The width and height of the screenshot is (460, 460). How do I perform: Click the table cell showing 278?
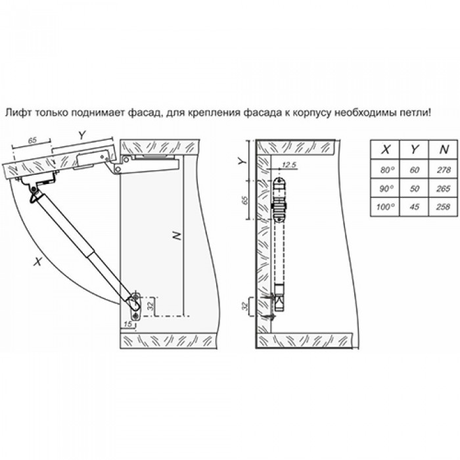443,170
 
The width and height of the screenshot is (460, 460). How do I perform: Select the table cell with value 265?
443,188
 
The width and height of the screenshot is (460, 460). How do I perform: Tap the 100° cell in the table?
385,207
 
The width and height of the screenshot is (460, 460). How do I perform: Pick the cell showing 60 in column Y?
414,170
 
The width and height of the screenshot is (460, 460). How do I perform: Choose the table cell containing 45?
414,207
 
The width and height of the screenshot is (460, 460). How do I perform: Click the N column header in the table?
443,150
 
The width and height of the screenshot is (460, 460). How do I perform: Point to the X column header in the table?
385,150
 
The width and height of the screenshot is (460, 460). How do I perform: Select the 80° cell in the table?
385,170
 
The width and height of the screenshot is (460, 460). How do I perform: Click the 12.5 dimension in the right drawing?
288,164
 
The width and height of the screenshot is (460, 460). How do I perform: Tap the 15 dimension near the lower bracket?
128,324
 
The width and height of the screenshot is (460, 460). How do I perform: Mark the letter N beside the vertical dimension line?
176,235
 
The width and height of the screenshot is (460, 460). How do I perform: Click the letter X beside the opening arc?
37,261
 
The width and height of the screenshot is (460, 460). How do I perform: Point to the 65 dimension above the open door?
32,141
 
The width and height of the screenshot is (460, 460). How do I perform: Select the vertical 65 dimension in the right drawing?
244,200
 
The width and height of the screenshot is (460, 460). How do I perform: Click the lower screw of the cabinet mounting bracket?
135,316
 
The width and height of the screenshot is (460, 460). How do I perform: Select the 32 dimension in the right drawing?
245,306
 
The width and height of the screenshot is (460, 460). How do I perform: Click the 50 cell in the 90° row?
414,188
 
